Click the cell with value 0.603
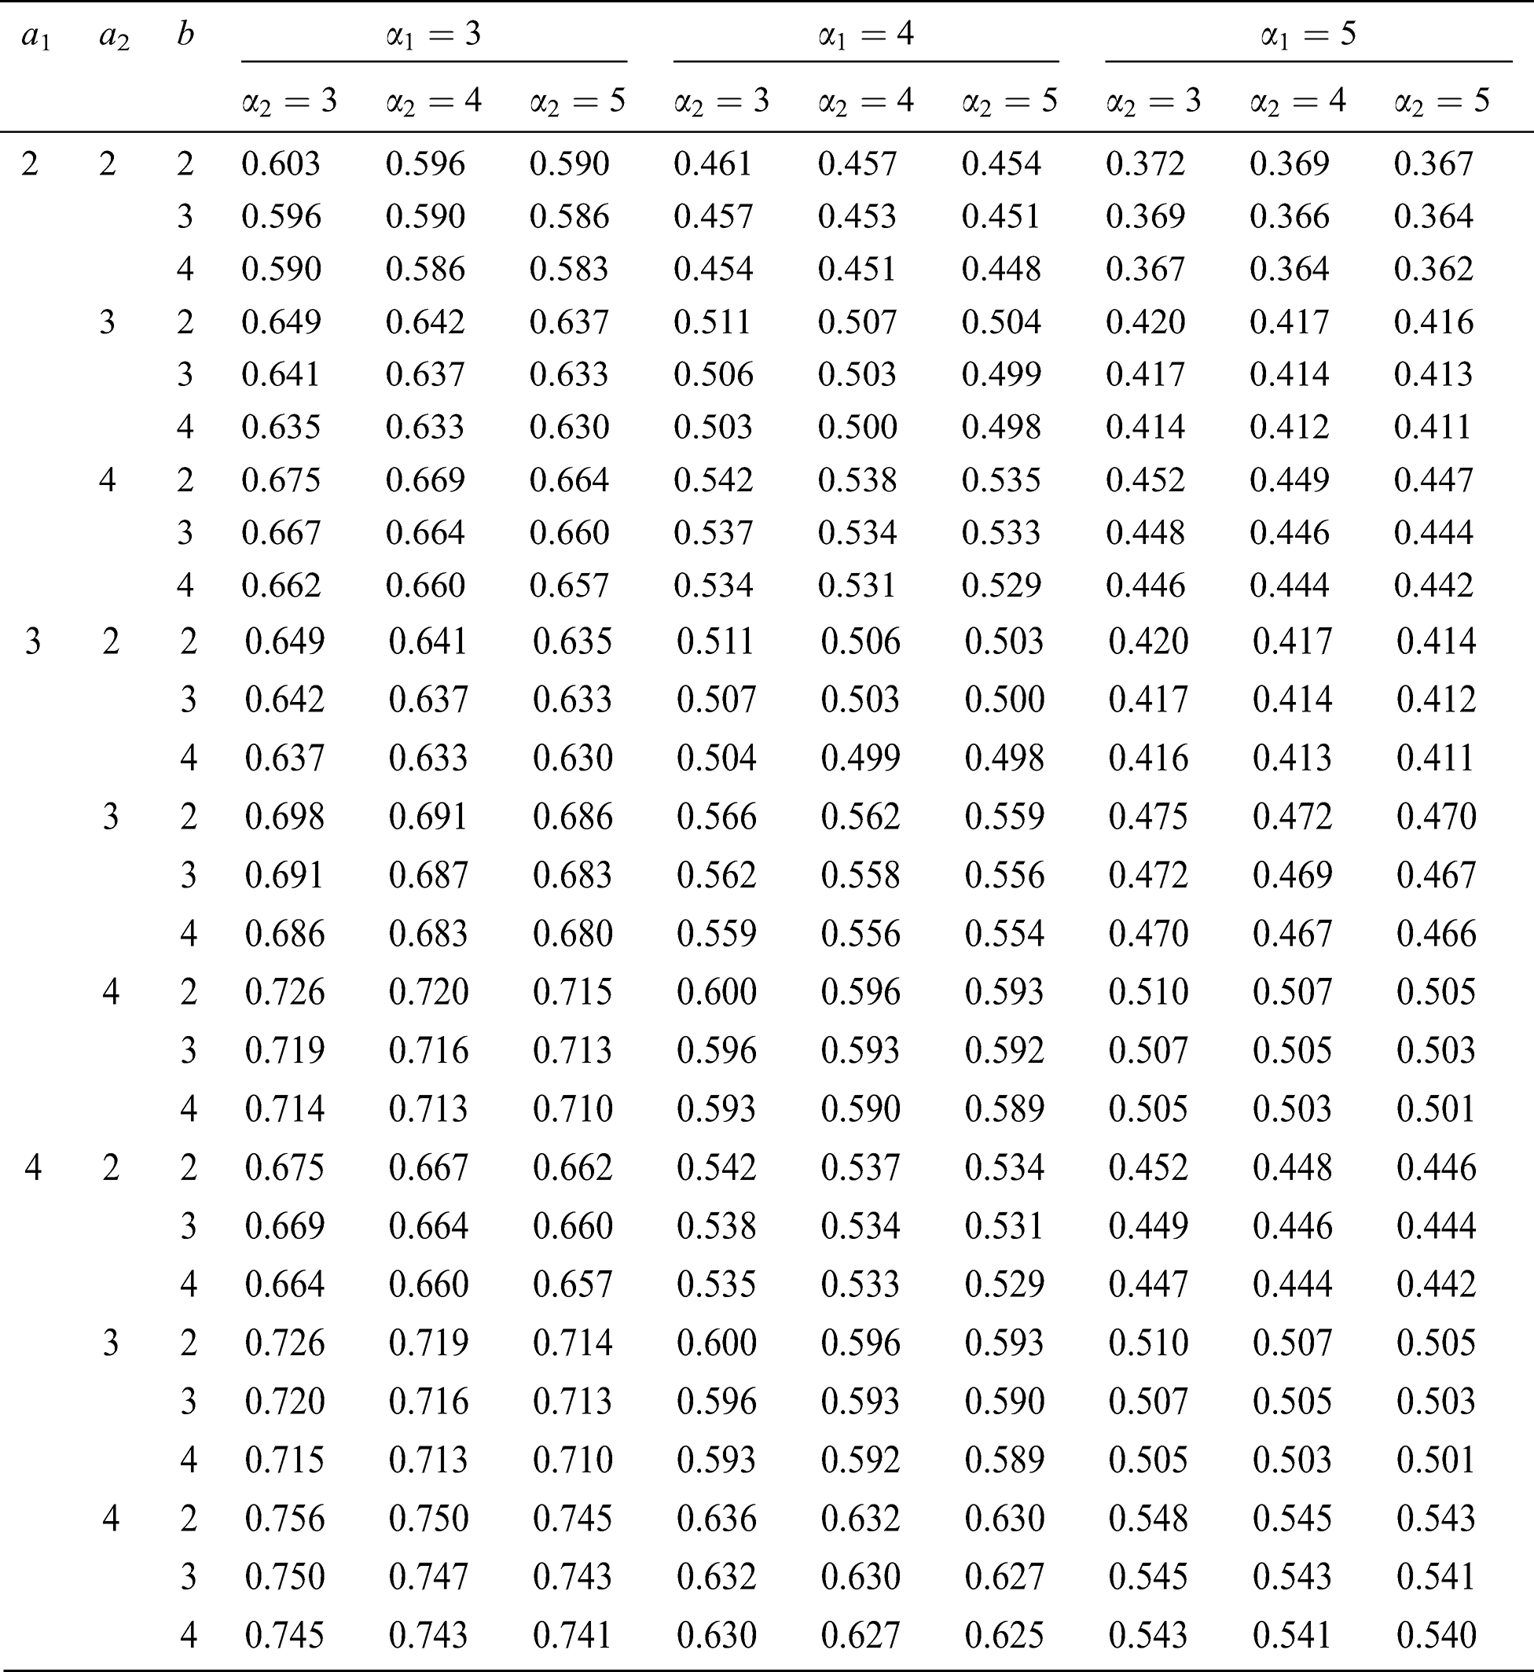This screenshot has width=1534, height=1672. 281,164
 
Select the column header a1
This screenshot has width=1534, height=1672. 35,36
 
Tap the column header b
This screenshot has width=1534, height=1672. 185,35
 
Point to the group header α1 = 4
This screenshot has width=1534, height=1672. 866,35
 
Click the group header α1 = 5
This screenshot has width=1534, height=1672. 1308,35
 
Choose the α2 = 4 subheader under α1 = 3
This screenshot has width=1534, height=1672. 433,101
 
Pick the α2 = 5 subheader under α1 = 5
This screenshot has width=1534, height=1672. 1442,101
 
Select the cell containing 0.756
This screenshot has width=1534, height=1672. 284,1519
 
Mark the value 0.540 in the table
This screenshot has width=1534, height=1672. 1436,1634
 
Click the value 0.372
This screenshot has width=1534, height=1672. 1145,164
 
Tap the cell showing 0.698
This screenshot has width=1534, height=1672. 284,816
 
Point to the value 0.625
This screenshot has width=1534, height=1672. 1004,1634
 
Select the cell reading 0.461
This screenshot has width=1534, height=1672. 713,164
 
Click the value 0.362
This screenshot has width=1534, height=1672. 1433,269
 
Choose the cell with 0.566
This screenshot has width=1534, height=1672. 717,816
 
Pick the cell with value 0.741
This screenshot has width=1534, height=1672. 572,1634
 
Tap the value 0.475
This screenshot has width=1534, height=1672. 1148,816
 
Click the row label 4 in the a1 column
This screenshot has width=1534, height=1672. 33,1167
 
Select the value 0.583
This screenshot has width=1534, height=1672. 570,269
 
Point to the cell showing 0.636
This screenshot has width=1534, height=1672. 717,1519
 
